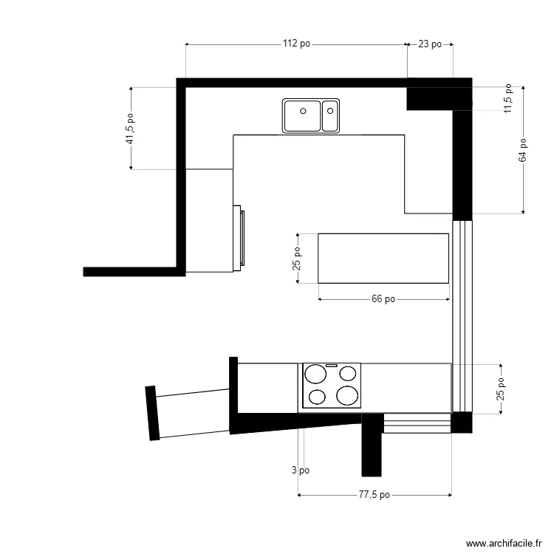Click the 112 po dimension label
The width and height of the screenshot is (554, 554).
point(296,44)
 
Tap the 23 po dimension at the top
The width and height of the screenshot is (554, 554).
point(430,44)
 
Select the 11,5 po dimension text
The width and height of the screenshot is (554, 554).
point(507,98)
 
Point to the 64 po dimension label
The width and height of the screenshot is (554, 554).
point(523,150)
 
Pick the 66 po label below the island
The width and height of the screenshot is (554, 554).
point(383,299)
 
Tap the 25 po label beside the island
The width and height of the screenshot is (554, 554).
point(297,258)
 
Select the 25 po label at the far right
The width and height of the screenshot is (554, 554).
point(501,389)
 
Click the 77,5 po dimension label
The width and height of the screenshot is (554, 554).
point(375,495)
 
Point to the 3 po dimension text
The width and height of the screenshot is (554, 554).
point(300,470)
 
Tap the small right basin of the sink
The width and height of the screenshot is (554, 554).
point(330,115)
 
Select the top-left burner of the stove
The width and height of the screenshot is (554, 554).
point(315,373)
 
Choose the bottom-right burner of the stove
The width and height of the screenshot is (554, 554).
point(346,396)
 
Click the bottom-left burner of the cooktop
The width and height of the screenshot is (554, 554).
point(316,397)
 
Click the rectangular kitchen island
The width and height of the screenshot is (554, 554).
point(383,258)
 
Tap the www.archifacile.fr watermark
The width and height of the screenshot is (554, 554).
point(502,543)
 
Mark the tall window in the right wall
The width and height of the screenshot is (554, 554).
point(461,315)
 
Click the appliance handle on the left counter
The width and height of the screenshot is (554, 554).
point(242,236)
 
